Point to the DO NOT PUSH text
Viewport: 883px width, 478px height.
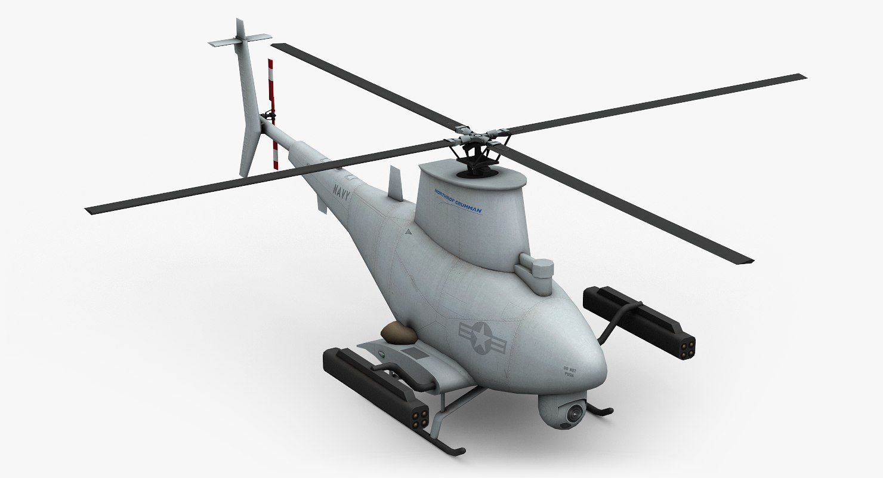pyautogui.click(x=567, y=372)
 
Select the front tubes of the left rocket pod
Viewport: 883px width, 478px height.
pyautogui.click(x=419, y=415)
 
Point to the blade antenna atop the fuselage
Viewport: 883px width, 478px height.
pyautogui.click(x=396, y=182)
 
